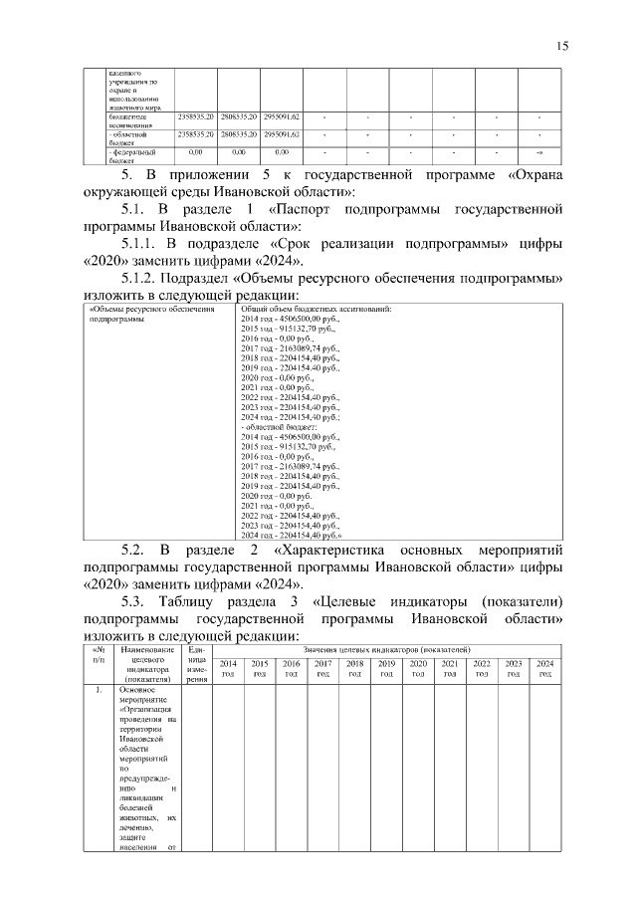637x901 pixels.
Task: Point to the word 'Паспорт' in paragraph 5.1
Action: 304,210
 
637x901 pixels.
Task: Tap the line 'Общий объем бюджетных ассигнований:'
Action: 316,309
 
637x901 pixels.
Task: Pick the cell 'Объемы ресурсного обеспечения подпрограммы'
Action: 151,315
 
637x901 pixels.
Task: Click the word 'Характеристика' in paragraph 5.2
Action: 333,550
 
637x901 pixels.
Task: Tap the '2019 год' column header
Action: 386,668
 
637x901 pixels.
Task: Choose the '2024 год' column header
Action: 545,668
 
